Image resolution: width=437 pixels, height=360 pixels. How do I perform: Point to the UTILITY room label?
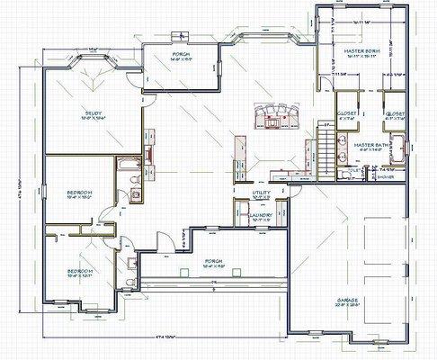(261, 193)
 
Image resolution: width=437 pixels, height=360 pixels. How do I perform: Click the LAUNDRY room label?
(262, 215)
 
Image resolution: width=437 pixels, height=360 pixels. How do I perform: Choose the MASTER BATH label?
(370, 144)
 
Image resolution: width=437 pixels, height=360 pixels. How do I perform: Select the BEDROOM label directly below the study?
(80, 193)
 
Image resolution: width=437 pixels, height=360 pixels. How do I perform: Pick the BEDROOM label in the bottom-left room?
(80, 270)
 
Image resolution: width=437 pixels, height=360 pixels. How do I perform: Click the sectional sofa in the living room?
(274, 113)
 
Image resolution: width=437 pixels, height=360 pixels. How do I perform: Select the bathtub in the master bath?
(399, 148)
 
